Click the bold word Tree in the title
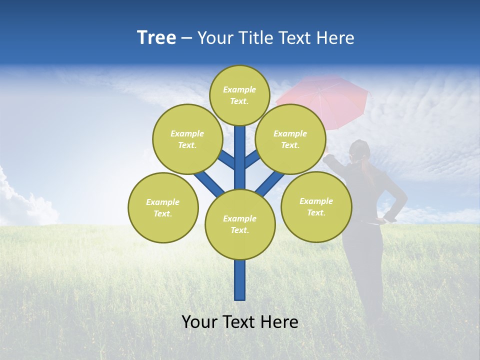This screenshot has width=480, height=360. click(156, 37)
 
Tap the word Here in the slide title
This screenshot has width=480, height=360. click(335, 37)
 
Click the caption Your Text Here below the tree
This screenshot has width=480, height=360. click(240, 322)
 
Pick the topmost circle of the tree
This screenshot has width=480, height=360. click(239, 95)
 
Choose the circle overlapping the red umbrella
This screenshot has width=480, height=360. click(290, 139)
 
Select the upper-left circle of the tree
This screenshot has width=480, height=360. click(187, 139)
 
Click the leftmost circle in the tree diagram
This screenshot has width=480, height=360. click(163, 207)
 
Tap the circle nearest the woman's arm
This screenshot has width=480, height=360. click(316, 206)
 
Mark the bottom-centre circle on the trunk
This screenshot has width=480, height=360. click(240, 224)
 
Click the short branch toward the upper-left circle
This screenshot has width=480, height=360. click(226, 160)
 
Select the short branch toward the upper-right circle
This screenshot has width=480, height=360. click(252, 159)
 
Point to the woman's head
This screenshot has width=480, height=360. click(359, 150)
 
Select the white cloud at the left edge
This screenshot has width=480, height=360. click(20, 200)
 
